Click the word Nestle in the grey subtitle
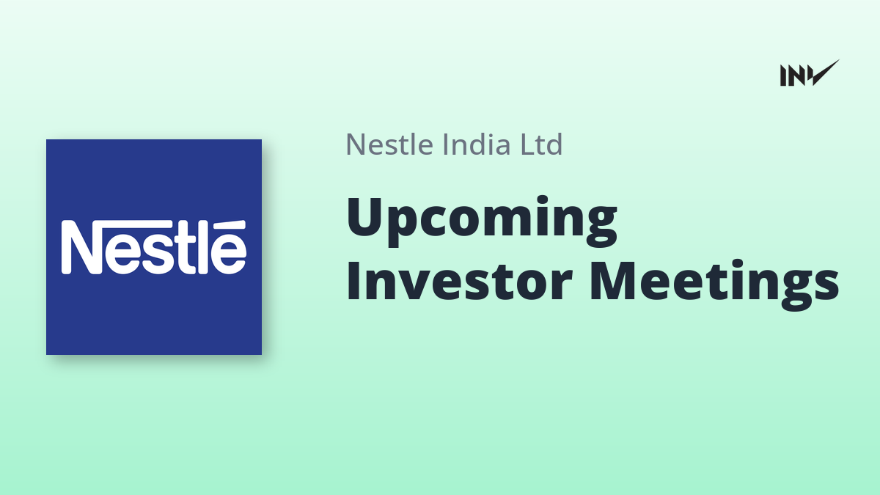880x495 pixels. (389, 144)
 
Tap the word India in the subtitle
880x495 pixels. (475, 144)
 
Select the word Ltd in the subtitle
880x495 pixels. (541, 144)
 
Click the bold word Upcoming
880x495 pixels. (482, 221)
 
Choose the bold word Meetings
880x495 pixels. (714, 285)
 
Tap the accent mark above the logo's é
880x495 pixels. (230, 225)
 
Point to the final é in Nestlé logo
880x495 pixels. (229, 254)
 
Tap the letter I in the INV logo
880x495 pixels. (783, 76)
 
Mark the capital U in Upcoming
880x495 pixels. (365, 216)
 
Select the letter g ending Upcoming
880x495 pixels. (601, 228)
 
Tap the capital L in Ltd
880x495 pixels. (529, 144)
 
